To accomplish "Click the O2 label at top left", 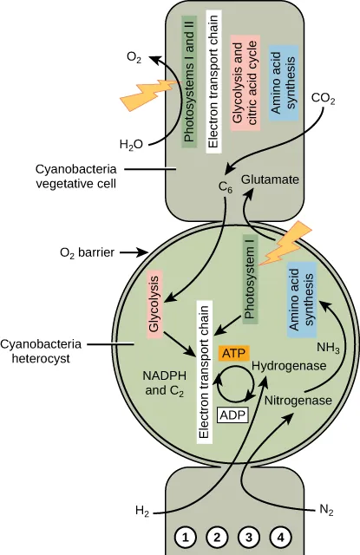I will (x=133, y=57).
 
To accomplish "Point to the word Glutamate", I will (x=270, y=180).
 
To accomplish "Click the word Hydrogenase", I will (x=289, y=367).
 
